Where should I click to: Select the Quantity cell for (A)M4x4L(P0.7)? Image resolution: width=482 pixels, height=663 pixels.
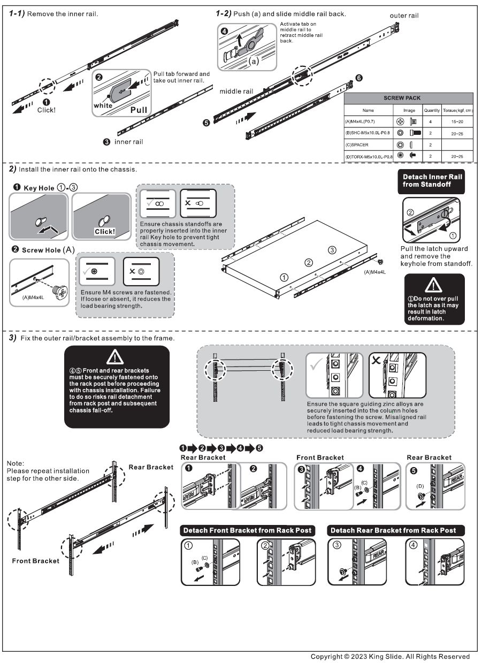click(x=431, y=121)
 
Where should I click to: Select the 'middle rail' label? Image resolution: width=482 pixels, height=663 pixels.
click(x=236, y=92)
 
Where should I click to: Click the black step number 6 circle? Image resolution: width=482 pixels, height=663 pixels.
click(x=358, y=78)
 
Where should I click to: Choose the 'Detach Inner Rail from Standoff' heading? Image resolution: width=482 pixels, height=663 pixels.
click(x=434, y=181)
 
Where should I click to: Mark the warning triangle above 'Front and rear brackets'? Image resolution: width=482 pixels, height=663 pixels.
click(x=117, y=356)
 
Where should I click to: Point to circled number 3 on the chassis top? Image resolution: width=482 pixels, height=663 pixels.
click(x=332, y=250)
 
